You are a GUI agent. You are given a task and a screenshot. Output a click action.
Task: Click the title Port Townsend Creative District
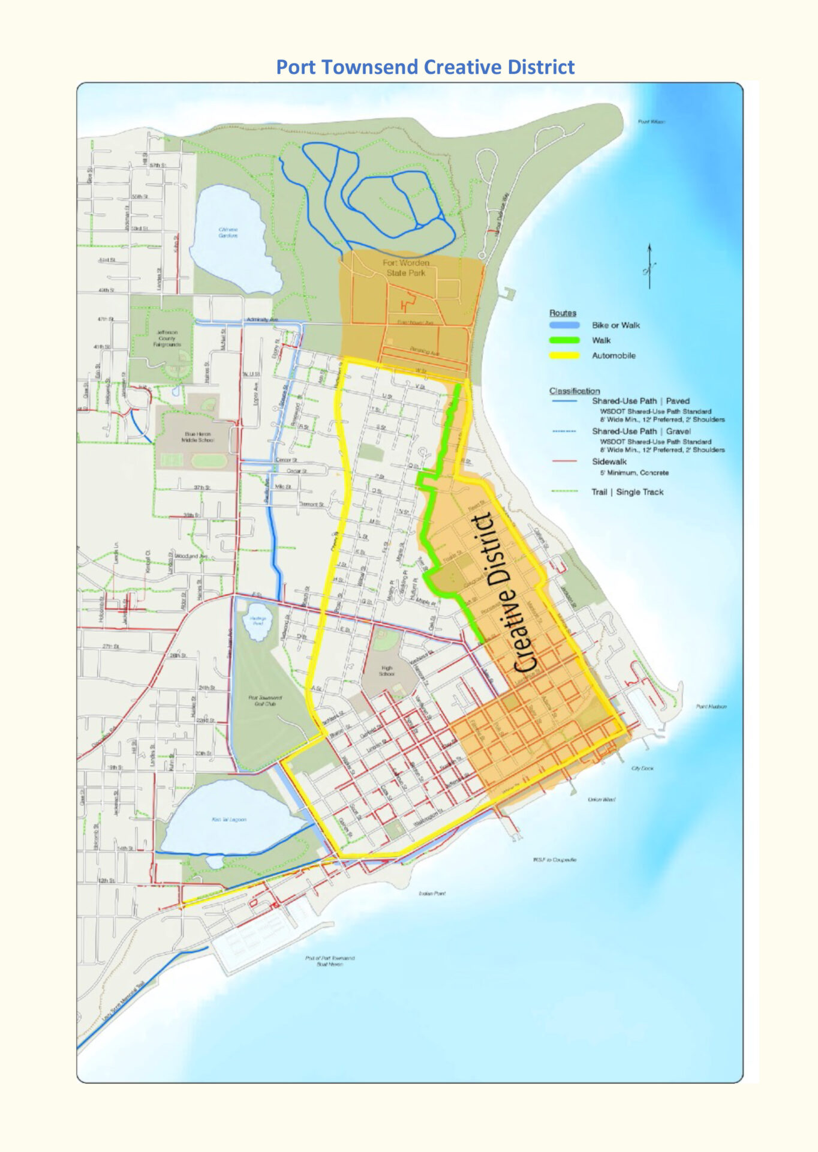click(x=425, y=67)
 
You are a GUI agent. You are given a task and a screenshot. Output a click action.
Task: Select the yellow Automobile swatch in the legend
click(x=564, y=355)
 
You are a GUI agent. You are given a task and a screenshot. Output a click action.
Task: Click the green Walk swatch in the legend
click(x=564, y=340)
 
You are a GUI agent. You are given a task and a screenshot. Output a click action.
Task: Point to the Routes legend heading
click(x=562, y=313)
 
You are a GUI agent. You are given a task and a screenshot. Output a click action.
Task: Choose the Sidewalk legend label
click(x=609, y=461)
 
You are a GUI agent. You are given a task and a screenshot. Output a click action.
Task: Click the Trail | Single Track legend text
click(x=627, y=492)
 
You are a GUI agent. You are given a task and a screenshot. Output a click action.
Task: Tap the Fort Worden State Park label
click(x=406, y=268)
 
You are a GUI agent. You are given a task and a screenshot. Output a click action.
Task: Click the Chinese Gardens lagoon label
click(x=228, y=232)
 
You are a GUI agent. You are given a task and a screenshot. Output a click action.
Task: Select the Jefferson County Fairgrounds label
click(x=167, y=338)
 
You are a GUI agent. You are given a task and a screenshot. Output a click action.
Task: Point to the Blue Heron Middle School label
click(x=198, y=437)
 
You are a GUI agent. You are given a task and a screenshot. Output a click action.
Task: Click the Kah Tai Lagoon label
click(x=228, y=820)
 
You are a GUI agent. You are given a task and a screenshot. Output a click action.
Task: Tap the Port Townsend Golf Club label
click(x=265, y=701)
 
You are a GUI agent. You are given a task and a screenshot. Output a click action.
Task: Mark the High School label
click(x=387, y=671)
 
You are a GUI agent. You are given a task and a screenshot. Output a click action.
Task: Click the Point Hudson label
click(x=711, y=707)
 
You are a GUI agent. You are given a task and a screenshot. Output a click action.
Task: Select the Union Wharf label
click(x=601, y=799)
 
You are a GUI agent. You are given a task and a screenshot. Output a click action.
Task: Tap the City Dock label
click(x=642, y=768)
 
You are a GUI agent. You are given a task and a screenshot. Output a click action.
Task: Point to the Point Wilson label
click(x=651, y=122)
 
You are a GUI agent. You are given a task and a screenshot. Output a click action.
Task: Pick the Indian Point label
click(x=432, y=893)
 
